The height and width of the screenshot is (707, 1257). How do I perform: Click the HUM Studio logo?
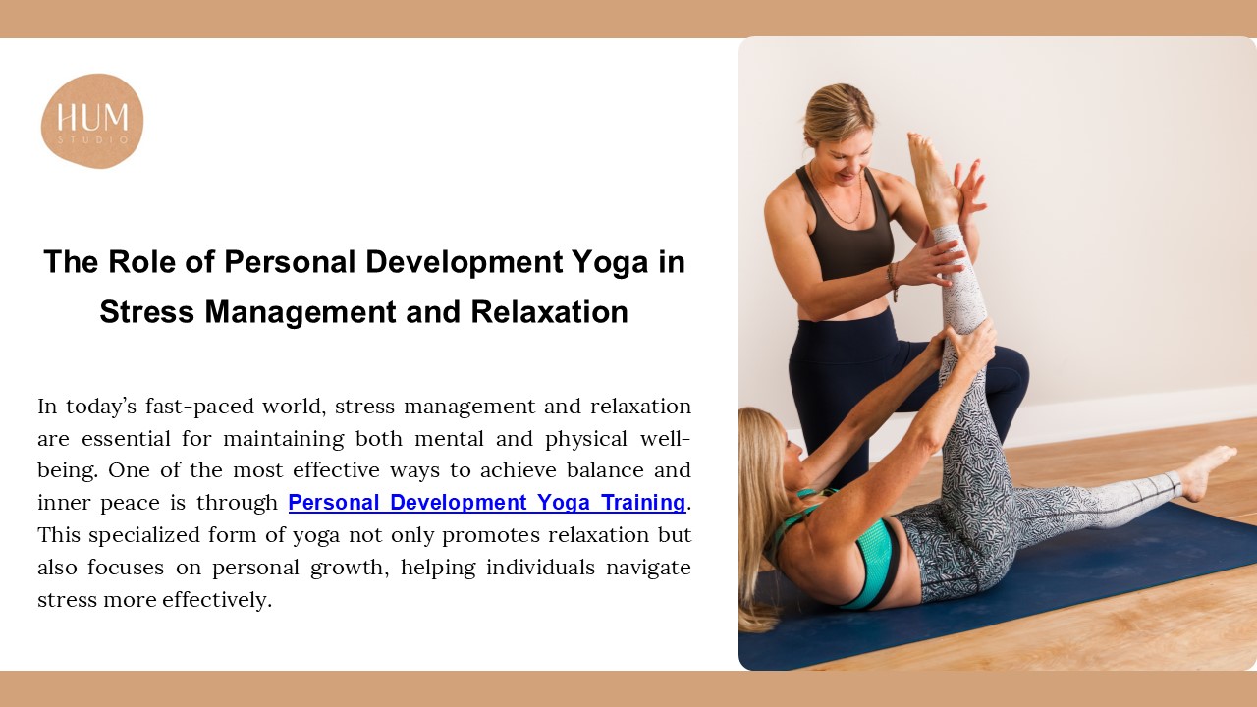[x=92, y=121]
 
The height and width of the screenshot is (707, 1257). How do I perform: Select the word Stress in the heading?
[x=143, y=311]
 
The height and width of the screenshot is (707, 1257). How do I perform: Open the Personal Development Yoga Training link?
[x=486, y=503]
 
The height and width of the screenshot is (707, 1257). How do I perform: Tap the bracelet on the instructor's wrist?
[x=893, y=279]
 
